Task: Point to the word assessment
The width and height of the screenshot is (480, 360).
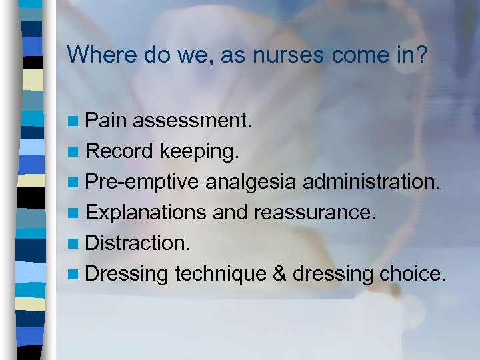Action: [192, 121]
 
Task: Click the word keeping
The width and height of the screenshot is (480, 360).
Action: [198, 151]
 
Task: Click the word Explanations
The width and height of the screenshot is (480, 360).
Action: [148, 212]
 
